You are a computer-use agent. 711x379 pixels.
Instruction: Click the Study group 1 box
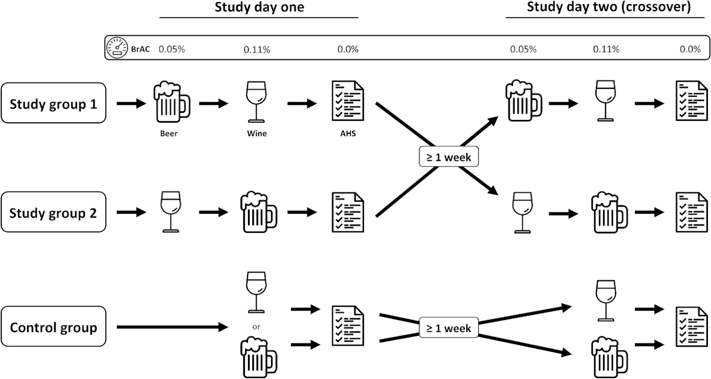pyautogui.click(x=53, y=103)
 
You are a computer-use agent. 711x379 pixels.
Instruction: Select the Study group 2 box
pyautogui.click(x=53, y=212)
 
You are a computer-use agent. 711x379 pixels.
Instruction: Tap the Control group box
pyautogui.click(x=53, y=326)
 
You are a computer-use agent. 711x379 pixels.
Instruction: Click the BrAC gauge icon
pyautogui.click(x=117, y=48)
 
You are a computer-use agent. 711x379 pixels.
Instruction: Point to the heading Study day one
pyautogui.click(x=260, y=7)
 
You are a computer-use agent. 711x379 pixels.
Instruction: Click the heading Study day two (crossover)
pyautogui.click(x=609, y=7)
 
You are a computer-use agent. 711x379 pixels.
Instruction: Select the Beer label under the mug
pyautogui.click(x=168, y=133)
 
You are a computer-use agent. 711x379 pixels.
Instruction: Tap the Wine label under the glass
pyautogui.click(x=257, y=133)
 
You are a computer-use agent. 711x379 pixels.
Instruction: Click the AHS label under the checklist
pyautogui.click(x=348, y=133)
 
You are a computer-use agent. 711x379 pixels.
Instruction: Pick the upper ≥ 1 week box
pyautogui.click(x=448, y=156)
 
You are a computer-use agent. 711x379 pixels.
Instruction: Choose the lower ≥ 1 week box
pyautogui.click(x=448, y=327)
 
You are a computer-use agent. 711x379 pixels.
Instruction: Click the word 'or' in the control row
pyautogui.click(x=256, y=327)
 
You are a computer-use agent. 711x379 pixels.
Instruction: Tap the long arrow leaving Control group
pyautogui.click(x=172, y=327)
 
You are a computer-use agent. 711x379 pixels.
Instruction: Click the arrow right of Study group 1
pyautogui.click(x=132, y=103)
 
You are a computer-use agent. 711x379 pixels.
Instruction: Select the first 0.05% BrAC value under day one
pyautogui.click(x=172, y=49)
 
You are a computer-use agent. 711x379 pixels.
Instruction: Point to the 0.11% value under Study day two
pyautogui.click(x=606, y=49)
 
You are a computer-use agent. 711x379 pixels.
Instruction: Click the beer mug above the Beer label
pyautogui.click(x=172, y=102)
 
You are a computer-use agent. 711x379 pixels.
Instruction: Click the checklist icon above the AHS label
pyautogui.click(x=348, y=100)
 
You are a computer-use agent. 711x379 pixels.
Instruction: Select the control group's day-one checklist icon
pyautogui.click(x=348, y=326)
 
